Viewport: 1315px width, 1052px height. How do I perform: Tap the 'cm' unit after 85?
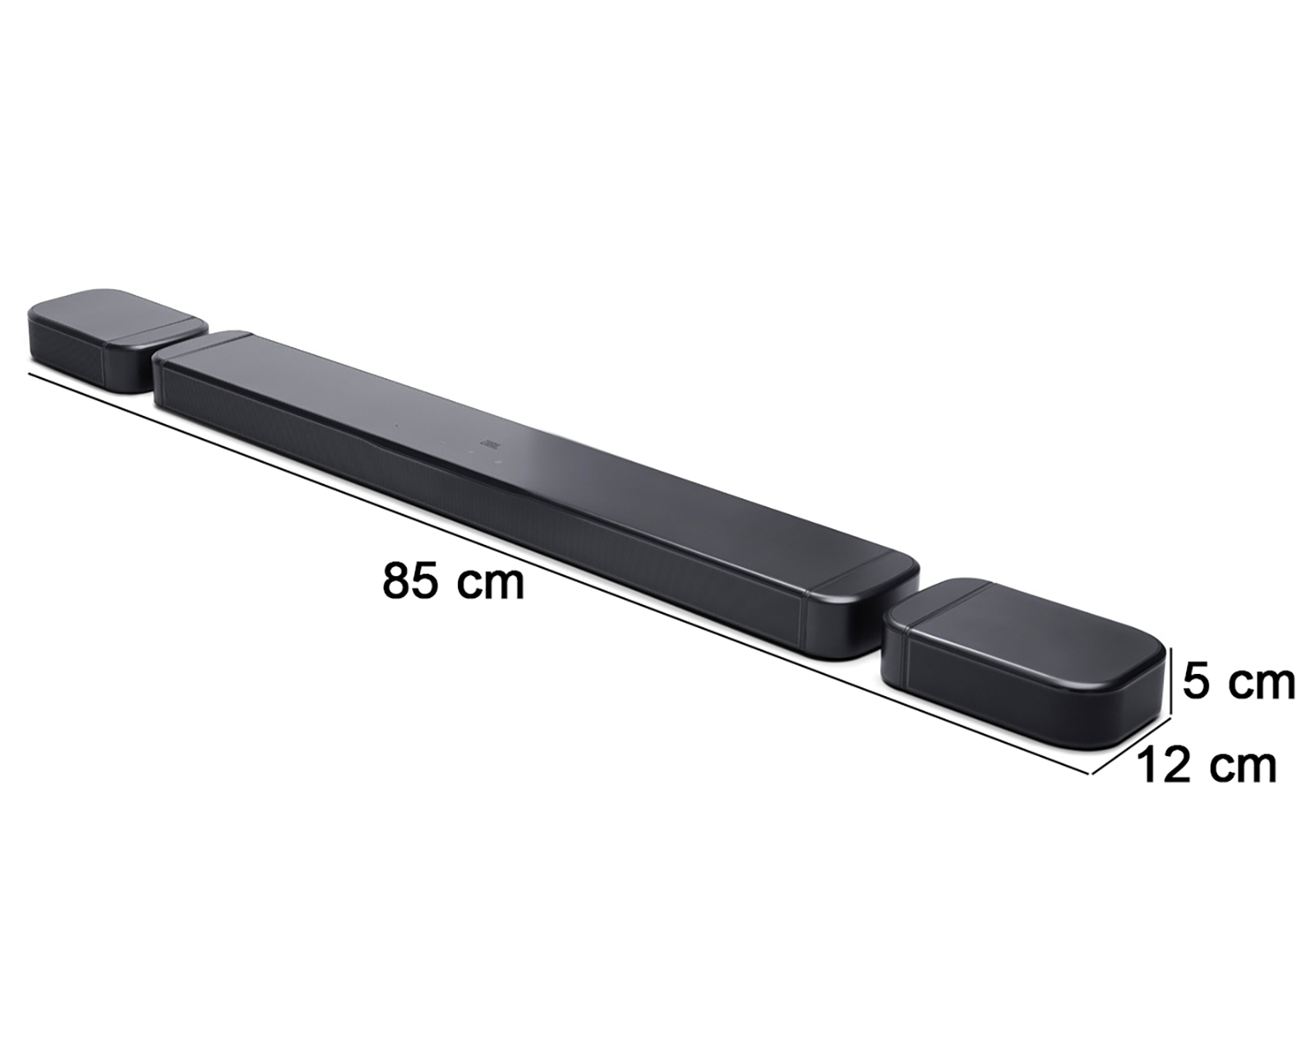490,584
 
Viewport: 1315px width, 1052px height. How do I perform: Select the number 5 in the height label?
1197,682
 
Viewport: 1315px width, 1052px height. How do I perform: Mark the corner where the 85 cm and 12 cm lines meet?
1091,773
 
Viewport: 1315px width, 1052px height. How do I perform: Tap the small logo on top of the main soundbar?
494,443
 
